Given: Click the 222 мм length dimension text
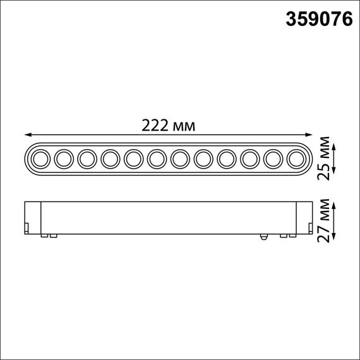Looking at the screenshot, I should [169, 125].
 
